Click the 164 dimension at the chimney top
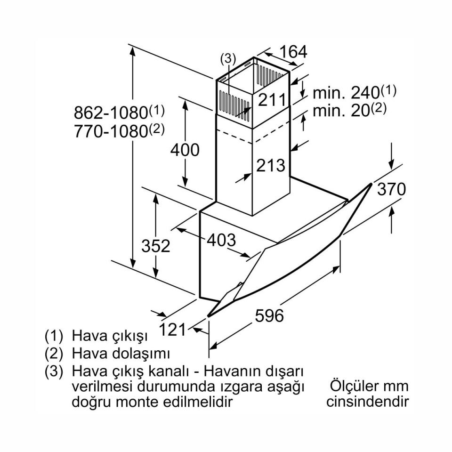tap(293, 52)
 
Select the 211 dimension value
tap(272, 100)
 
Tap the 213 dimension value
tap(271, 165)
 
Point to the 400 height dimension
tap(185, 150)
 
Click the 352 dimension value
tap(156, 246)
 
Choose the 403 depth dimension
tap(221, 240)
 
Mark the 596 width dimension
tap(269, 315)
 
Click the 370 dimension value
tap(391, 189)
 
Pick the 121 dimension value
tap(173, 330)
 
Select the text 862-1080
tap(111, 113)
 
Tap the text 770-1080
tap(111, 131)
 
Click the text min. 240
tap(346, 93)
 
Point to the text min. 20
tap(341, 111)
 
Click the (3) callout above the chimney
tap(228, 59)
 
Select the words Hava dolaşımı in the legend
tap(121, 354)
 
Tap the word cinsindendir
tap(368, 402)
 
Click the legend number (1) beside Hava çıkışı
tap(54, 336)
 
